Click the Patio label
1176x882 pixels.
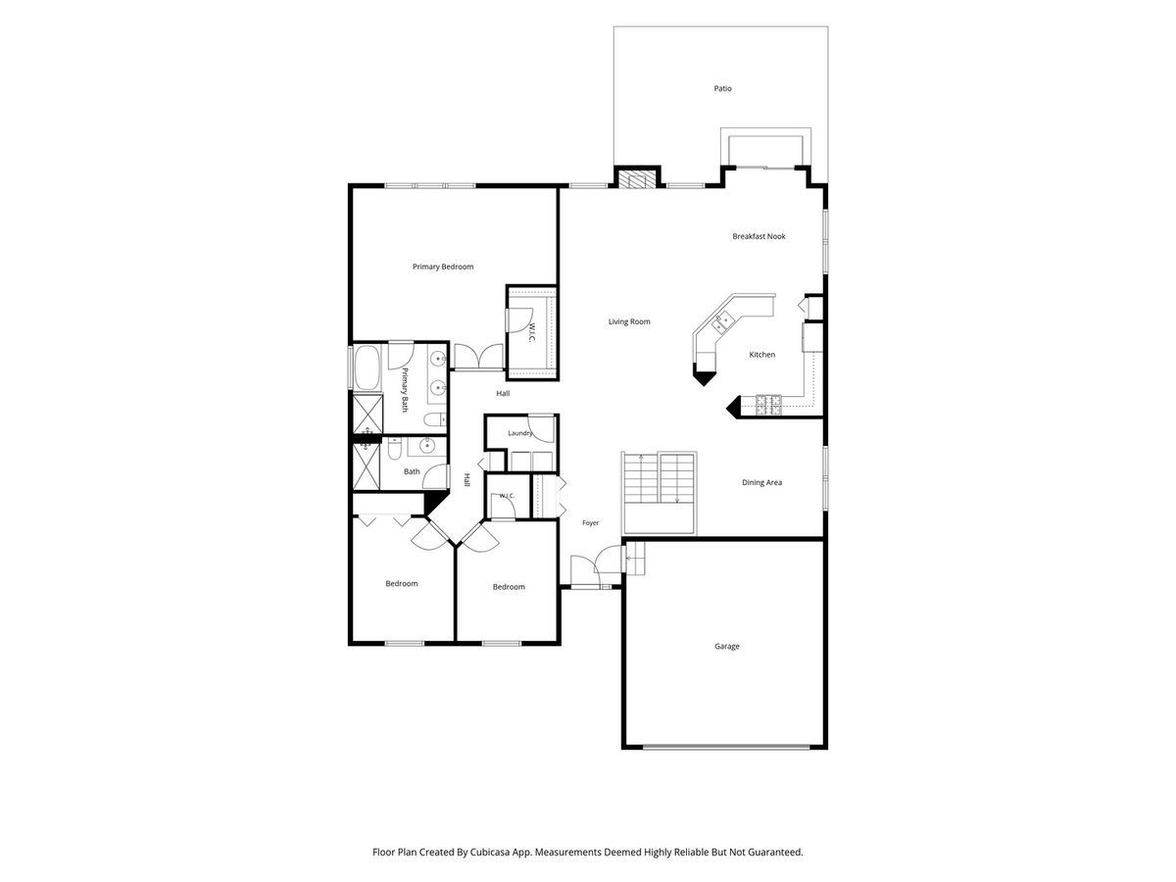(x=722, y=88)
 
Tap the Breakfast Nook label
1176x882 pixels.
(x=759, y=236)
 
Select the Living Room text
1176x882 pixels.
(x=629, y=321)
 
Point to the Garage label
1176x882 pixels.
(x=726, y=647)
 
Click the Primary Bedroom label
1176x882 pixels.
(x=443, y=267)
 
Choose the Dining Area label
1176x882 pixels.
(x=761, y=482)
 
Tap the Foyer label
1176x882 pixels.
(x=590, y=522)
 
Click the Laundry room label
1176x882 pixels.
(x=519, y=433)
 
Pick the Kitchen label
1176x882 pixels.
(x=761, y=355)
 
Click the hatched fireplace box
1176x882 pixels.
(x=636, y=179)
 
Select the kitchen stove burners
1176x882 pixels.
(x=768, y=406)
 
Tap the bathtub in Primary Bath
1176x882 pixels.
(x=367, y=367)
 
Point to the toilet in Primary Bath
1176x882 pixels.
(x=434, y=418)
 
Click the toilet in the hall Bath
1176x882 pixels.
(x=394, y=449)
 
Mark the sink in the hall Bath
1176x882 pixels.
(x=427, y=446)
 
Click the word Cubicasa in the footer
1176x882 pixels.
(x=490, y=852)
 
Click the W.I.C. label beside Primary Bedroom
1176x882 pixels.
(x=532, y=332)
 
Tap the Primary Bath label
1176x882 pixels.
(x=405, y=390)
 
